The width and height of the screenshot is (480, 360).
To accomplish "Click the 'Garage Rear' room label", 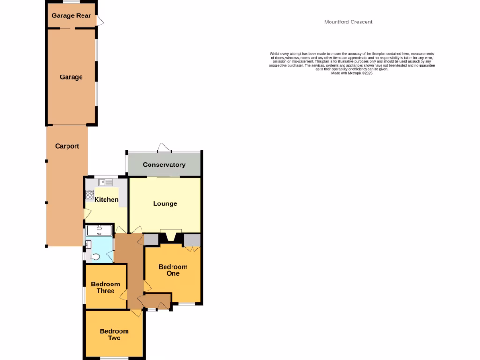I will (71, 15).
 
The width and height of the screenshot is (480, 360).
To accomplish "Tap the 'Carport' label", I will (67, 146).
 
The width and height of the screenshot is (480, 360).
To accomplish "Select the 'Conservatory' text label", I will (164, 165).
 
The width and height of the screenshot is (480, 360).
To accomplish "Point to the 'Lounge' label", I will (165, 203).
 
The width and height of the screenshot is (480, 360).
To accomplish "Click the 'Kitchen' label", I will (106, 199).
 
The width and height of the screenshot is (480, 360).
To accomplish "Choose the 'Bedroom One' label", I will (173, 270).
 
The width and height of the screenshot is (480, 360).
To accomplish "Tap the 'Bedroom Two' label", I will (114, 334).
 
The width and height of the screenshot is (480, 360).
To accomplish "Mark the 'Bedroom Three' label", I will (105, 287).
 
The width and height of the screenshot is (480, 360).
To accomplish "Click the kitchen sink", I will (106, 182).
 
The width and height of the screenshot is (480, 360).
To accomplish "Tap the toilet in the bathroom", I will (95, 256).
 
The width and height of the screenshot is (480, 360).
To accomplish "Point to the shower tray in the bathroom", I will (99, 230).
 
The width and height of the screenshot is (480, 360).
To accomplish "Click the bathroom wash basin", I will (88, 244).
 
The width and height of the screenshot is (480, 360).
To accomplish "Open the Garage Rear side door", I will (100, 21).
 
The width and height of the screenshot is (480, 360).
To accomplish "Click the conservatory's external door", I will (164, 147).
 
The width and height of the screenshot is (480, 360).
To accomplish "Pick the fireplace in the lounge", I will (169, 237).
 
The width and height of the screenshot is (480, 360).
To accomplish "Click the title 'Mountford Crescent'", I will (348, 22).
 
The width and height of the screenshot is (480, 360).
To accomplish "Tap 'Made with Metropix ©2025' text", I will (352, 73).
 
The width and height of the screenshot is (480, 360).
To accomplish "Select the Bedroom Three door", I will (123, 295).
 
